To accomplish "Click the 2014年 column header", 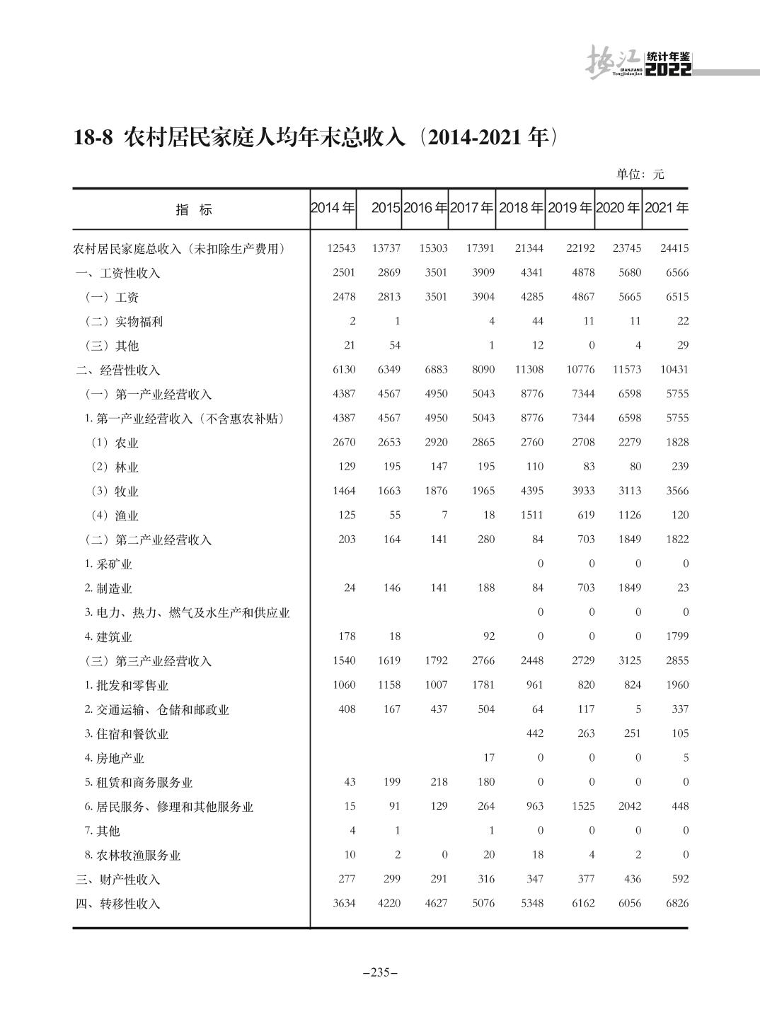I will click(x=333, y=209).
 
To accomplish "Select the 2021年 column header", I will click(x=667, y=209).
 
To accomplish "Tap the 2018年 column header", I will click(x=521, y=209).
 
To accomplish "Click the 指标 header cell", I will click(x=193, y=210).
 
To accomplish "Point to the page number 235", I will click(x=380, y=972).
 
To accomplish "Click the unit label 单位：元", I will click(x=640, y=174).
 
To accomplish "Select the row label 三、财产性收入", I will click(x=118, y=880).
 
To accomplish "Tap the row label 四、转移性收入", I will click(x=118, y=904).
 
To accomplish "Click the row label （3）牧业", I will click(x=113, y=491).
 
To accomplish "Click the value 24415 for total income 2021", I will click(x=673, y=248).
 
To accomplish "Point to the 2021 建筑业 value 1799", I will click(x=676, y=636).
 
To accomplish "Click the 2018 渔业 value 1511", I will click(x=531, y=515).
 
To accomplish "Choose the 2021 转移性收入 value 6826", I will click(x=676, y=903).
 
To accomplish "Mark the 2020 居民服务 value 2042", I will click(x=629, y=806).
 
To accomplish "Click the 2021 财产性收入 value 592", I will click(x=680, y=879).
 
